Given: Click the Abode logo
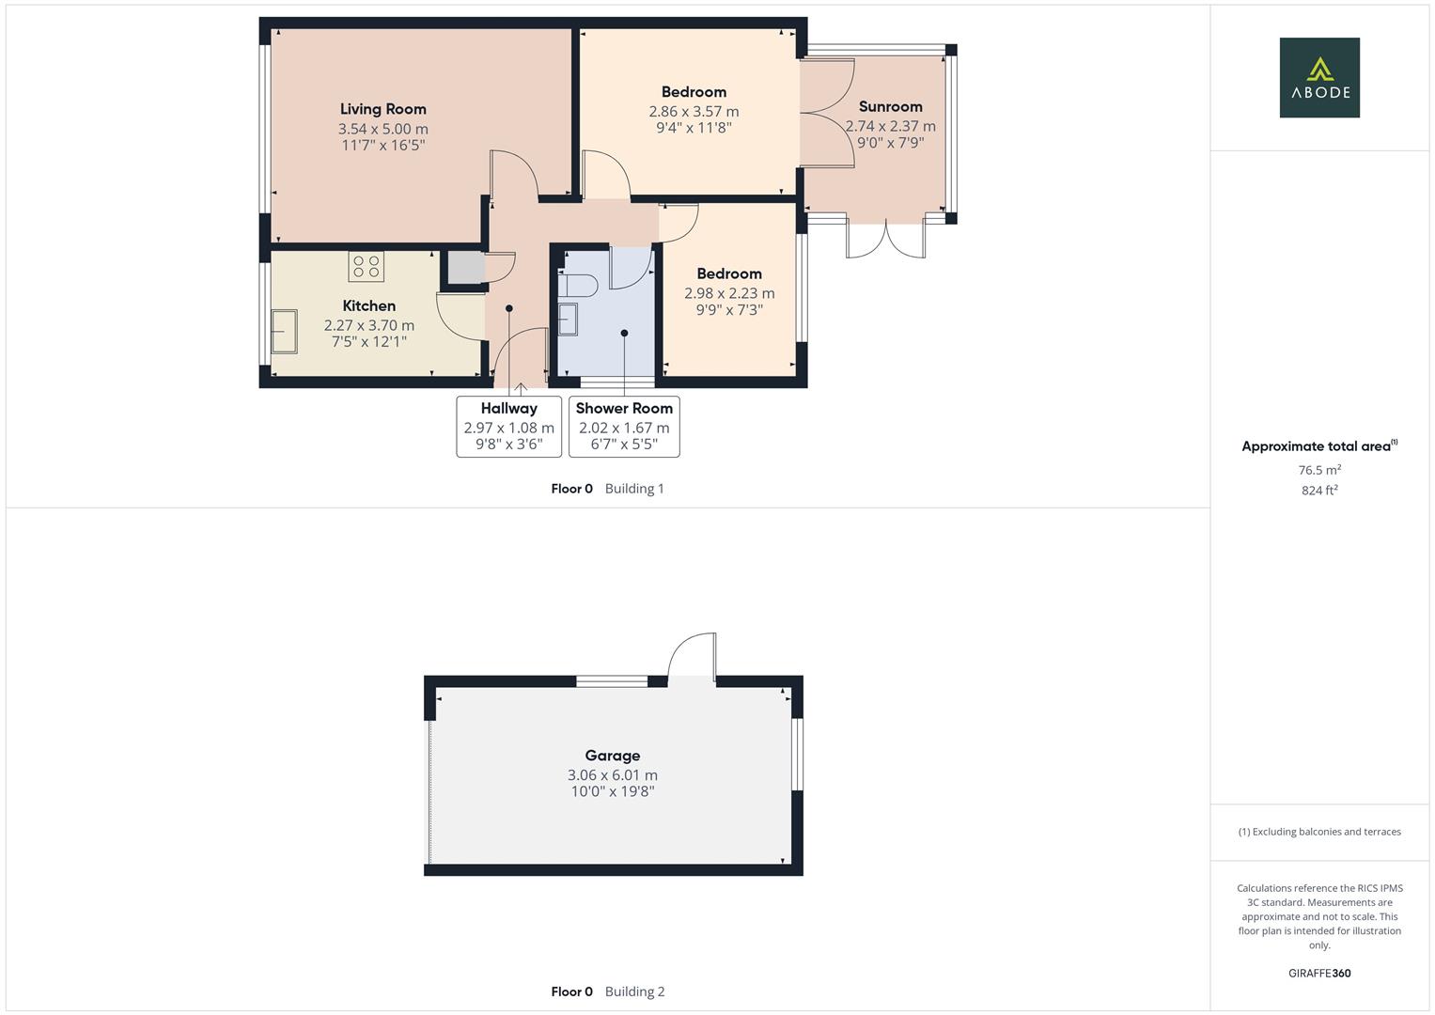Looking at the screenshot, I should coord(1318,77).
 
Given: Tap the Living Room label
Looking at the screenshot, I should coord(382,109).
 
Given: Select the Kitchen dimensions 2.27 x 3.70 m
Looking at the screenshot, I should coord(368,325).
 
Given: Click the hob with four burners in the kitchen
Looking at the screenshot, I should coord(367,267).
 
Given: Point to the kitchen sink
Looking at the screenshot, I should coord(284,331).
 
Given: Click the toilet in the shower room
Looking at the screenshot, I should coord(577,286).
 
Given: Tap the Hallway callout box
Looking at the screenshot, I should coord(508,426).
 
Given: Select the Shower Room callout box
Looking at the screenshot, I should coord(624,426).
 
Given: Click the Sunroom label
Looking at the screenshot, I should coord(890,106).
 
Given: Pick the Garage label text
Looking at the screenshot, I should coord(612,755).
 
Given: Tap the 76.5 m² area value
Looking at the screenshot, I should coord(1318,470).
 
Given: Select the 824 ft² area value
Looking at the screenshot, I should coord(1318,490).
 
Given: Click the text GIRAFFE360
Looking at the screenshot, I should coord(1318,973).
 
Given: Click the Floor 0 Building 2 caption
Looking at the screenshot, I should coord(607,991).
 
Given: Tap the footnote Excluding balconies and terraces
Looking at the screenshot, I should coord(1318,832).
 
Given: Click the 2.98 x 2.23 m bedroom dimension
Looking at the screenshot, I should coord(729,293).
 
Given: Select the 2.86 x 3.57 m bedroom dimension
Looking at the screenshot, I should coord(694,111).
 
